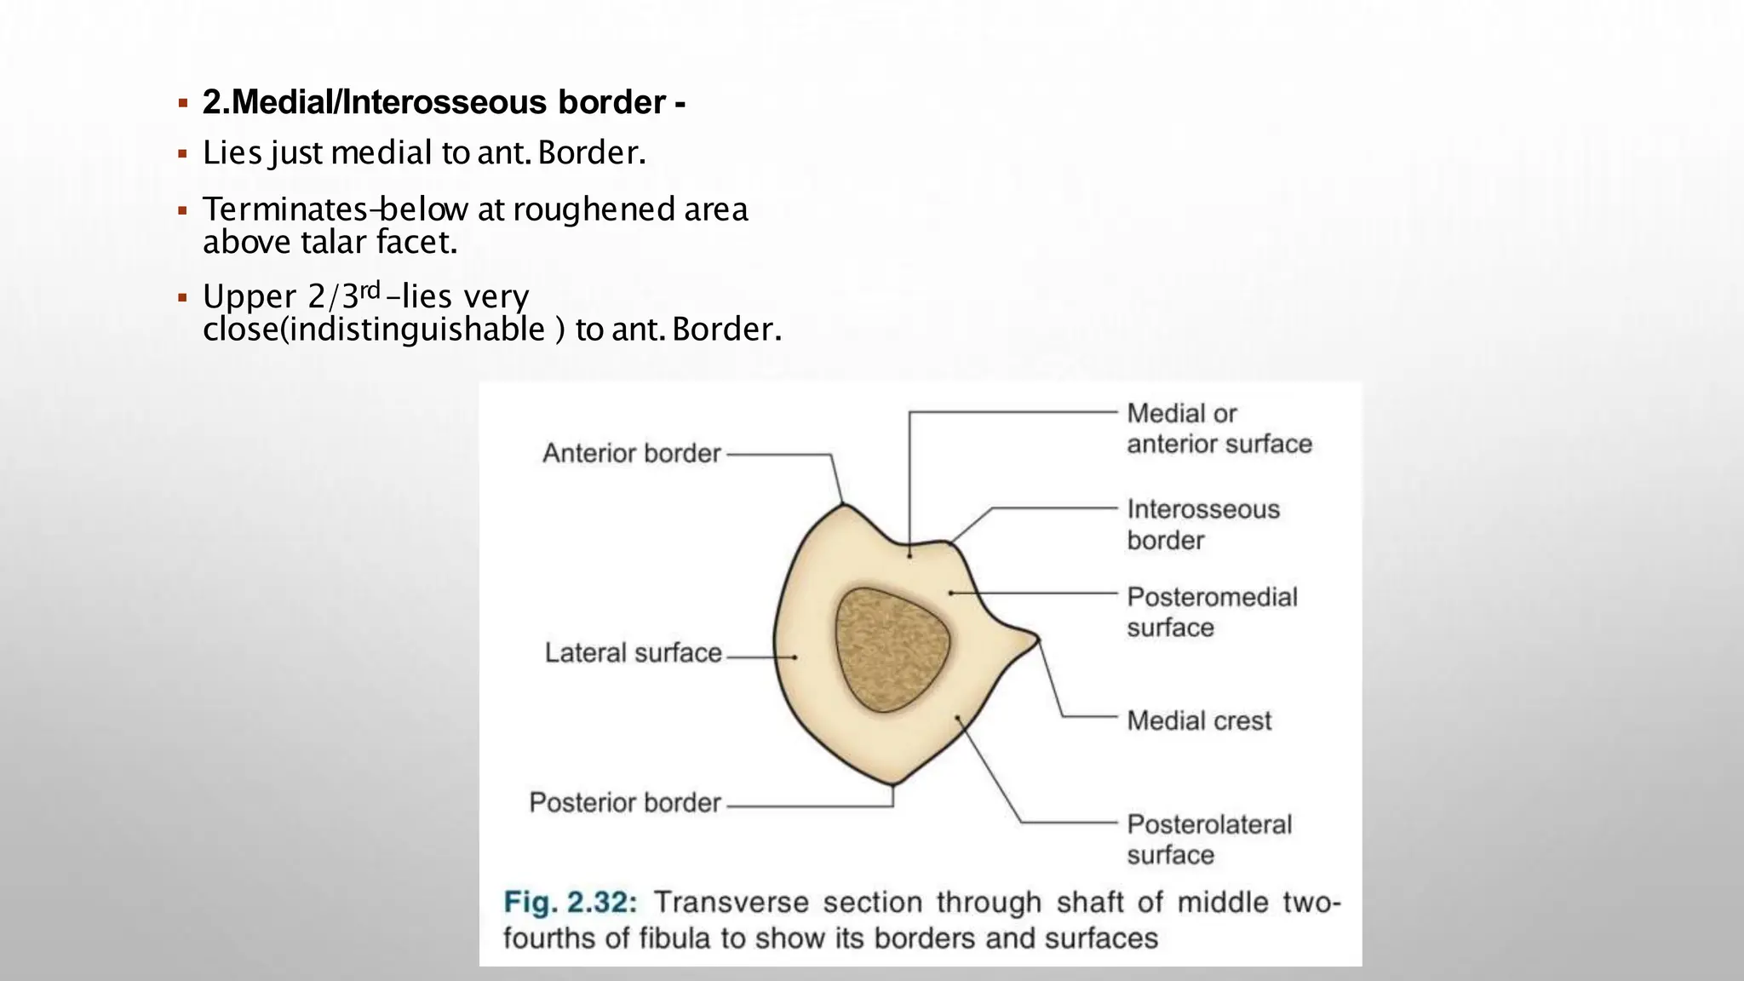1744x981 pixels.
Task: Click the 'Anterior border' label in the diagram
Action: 632,453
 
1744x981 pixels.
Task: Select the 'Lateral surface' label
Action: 633,653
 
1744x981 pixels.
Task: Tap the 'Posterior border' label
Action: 625,802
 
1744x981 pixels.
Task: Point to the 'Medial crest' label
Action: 1199,721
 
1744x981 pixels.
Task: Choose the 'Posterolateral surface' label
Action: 1209,840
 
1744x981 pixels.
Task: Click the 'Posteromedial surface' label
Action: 1212,612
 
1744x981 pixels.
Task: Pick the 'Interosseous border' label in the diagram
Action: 1203,525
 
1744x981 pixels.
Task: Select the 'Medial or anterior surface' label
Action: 1219,428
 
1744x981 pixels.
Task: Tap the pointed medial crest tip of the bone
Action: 1036,637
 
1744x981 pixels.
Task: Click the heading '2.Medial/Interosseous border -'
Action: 444,102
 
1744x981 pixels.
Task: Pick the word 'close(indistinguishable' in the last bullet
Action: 374,330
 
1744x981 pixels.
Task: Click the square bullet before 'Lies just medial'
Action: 182,154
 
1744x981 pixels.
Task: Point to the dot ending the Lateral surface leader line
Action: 795,657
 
